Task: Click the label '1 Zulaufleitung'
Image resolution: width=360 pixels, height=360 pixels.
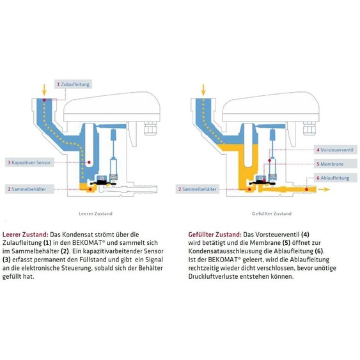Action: click(74, 84)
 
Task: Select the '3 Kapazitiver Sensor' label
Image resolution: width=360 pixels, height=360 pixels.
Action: click(29, 162)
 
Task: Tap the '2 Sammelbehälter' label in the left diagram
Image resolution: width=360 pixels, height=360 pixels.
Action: click(29, 189)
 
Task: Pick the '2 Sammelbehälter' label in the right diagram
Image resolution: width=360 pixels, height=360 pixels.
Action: click(198, 189)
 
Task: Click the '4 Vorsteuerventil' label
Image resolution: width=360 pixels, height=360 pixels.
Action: click(336, 150)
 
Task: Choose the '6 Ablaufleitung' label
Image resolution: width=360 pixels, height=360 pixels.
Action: click(336, 178)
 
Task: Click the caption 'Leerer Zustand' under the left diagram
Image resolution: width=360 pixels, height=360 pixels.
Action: click(95, 214)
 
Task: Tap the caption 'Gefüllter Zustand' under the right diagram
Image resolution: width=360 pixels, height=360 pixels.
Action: click(272, 214)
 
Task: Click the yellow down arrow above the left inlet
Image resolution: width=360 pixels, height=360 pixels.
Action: click(44, 90)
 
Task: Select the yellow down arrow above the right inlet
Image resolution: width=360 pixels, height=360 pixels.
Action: click(203, 90)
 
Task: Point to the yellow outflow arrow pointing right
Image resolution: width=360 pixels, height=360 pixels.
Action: click(324, 189)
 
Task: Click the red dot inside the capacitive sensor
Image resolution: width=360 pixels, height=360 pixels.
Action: click(89, 162)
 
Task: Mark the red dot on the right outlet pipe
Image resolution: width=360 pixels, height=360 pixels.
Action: click(306, 189)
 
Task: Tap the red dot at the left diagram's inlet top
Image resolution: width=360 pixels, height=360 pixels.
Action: click(44, 100)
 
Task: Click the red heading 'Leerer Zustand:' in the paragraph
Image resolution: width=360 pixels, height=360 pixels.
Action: click(26, 235)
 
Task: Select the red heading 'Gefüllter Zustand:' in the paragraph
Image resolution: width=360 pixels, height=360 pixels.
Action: click(215, 235)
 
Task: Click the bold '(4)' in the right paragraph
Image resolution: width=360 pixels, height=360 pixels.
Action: click(305, 235)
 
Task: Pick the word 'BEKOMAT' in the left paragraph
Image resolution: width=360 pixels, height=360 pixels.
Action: click(87, 243)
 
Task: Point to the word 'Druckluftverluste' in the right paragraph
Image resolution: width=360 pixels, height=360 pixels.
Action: click(213, 276)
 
